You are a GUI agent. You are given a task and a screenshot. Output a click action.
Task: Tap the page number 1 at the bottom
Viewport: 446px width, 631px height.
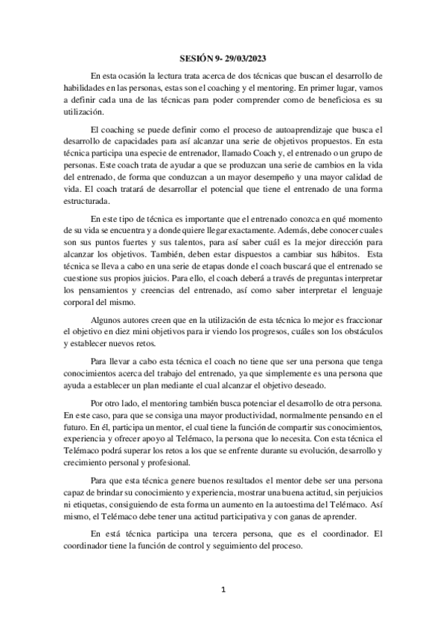(223, 589)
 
